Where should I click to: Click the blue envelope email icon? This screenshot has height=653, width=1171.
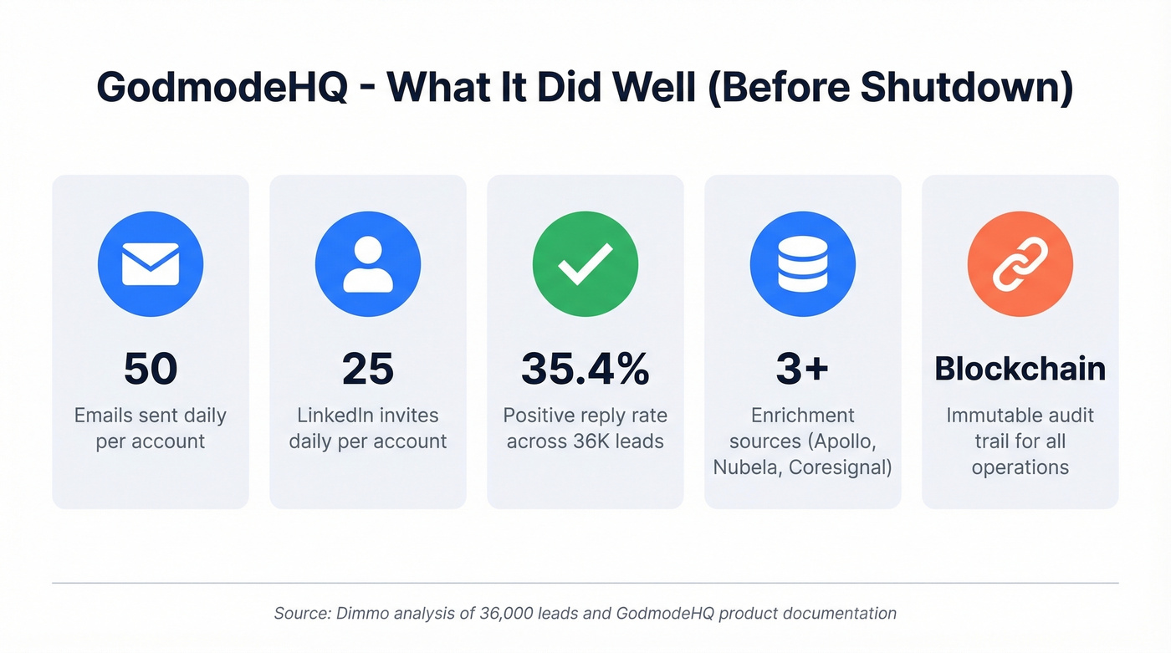(151, 263)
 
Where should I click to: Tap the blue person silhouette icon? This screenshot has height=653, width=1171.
(368, 263)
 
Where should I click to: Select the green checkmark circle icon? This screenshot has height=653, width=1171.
(585, 263)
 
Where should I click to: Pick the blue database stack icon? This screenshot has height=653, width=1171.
(803, 263)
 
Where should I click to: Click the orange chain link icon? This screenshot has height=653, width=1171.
(1020, 263)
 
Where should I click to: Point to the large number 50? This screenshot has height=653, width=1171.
(151, 369)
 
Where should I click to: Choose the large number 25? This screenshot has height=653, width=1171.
(368, 369)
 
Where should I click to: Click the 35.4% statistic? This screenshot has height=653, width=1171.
(585, 369)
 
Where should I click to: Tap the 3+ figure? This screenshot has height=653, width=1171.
(803, 369)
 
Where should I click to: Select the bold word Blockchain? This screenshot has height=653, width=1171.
(1020, 369)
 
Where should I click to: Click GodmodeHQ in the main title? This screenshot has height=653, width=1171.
(222, 86)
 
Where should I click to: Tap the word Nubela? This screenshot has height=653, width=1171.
(746, 467)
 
